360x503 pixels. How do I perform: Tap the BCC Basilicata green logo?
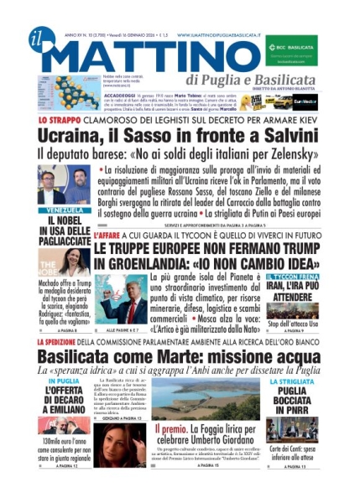click(291, 48)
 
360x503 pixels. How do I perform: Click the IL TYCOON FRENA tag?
click(290, 276)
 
